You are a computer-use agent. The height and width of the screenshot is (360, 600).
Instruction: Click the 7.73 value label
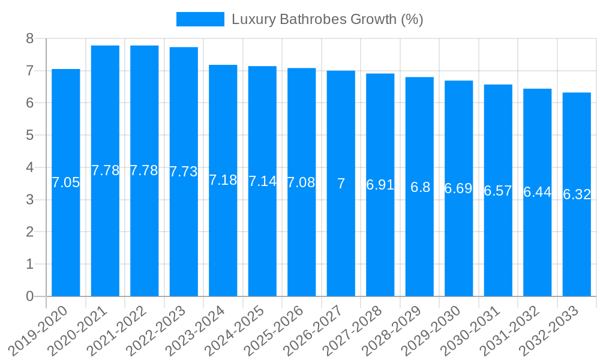[184, 172]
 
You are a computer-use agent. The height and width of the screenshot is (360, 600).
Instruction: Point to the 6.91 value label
[380, 185]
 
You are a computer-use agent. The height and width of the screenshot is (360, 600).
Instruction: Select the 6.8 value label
[420, 187]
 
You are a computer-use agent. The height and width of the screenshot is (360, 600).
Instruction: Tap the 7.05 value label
[65, 182]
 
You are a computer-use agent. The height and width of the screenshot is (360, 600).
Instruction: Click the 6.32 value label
[577, 194]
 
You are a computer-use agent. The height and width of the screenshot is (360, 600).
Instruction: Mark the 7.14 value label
[262, 181]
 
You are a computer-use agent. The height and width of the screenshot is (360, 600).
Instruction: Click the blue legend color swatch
[200, 19]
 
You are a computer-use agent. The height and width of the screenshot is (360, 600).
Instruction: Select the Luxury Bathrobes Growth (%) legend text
[328, 19]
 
